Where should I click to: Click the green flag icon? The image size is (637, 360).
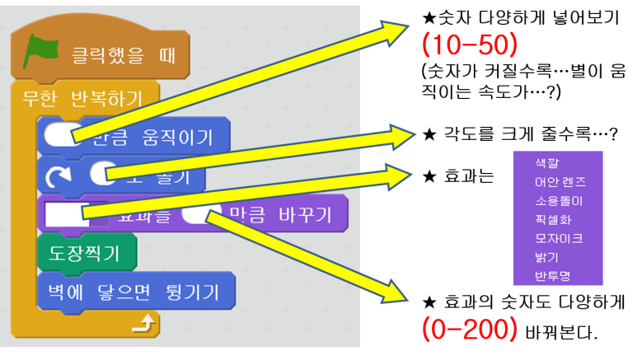tap(40, 53)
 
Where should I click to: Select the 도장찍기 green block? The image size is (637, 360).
tap(87, 253)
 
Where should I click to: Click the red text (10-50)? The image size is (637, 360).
tap(469, 45)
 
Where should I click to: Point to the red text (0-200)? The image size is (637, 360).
tap(469, 330)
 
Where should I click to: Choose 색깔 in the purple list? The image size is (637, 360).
tap(546, 163)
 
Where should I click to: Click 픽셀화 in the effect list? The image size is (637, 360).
tap(553, 220)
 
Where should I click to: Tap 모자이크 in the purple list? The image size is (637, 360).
tap(559, 239)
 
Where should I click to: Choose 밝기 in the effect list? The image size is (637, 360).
tap(546, 258)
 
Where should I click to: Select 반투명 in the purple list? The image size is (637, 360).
tap(553, 277)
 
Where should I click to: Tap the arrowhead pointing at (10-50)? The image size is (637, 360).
tap(396, 29)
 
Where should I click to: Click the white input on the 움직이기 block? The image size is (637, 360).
tap(59, 134)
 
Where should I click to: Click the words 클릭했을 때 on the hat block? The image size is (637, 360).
tap(124, 57)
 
